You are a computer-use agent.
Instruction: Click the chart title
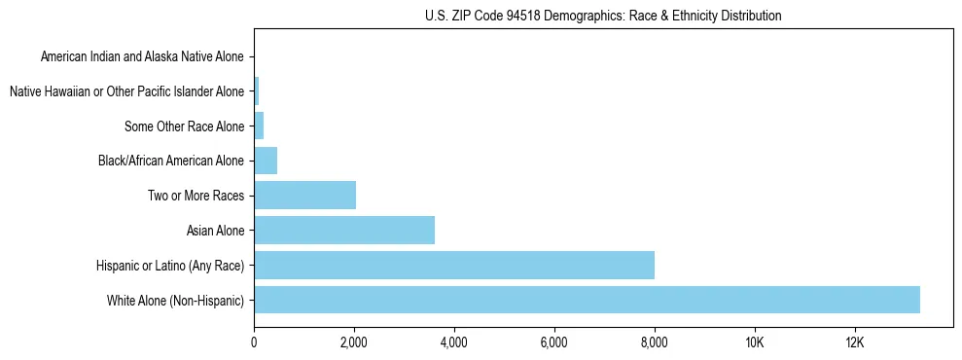603,16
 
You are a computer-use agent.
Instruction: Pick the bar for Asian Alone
344,231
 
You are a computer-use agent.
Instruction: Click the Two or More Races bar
304,196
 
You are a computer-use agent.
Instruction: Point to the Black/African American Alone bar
266,161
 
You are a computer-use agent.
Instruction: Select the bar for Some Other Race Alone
259,126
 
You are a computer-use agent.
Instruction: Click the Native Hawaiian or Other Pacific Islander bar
257,91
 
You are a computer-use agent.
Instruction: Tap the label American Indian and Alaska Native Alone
143,56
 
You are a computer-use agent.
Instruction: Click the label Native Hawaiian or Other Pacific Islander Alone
127,91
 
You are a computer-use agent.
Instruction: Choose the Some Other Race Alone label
185,126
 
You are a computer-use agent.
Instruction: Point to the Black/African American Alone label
171,161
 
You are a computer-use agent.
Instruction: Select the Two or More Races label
196,196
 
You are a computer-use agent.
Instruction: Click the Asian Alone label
216,231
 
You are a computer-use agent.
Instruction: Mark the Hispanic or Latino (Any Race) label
170,266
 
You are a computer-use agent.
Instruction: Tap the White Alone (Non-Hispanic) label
176,301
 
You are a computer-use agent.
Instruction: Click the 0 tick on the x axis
254,342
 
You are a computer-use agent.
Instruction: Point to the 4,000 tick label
454,342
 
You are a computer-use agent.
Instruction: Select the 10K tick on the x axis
755,342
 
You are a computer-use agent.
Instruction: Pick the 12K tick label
855,342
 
